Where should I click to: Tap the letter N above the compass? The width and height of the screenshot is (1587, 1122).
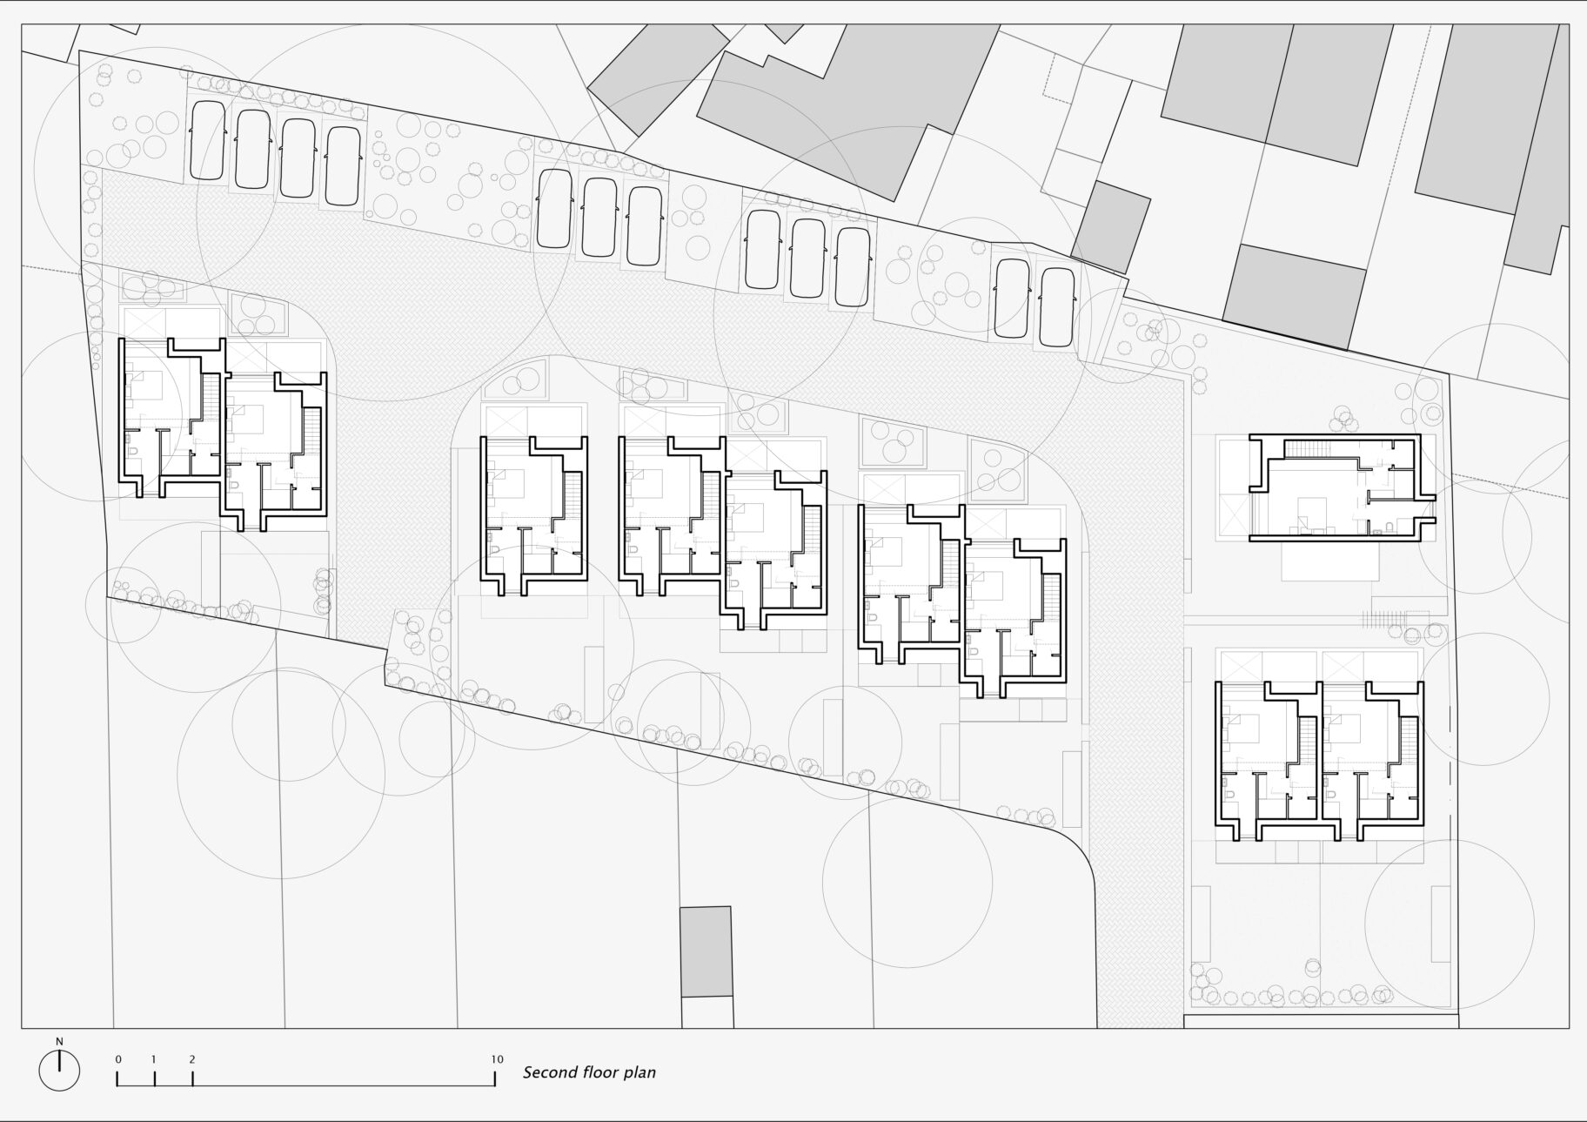pos(59,1041)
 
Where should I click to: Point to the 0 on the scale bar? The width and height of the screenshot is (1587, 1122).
pos(117,1059)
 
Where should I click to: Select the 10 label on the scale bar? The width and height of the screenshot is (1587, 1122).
pos(496,1059)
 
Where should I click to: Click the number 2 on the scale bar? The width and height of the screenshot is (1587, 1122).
pos(191,1059)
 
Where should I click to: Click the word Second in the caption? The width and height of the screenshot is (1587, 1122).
pos(546,1072)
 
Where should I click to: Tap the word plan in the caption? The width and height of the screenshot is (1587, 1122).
pos(641,1073)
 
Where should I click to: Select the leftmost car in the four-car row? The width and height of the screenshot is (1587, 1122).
pos(208,143)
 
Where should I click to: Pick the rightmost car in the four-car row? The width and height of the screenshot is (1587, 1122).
pos(343,165)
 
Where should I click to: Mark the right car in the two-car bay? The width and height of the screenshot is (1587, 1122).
pos(1058,306)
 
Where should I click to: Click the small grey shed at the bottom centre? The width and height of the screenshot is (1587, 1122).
pos(706,951)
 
